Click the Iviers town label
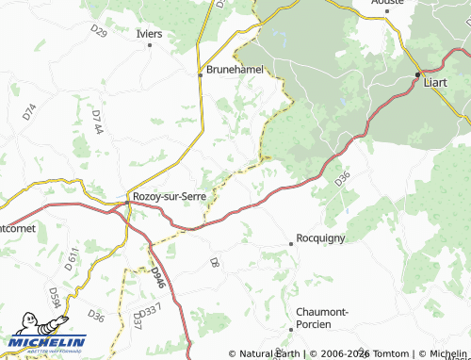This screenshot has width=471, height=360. (149, 34)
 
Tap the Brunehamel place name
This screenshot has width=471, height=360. (235, 70)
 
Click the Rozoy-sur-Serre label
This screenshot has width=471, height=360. (170, 197)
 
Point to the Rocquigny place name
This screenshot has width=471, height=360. (324, 239)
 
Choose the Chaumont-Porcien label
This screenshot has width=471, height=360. (322, 318)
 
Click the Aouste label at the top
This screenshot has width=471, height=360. (387, 3)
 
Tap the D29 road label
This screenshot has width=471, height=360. (99, 31)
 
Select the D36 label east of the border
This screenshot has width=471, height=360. (342, 176)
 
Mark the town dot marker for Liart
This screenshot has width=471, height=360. (418, 74)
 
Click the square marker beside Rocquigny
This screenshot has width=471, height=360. (290, 244)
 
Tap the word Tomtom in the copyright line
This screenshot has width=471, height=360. (392, 354)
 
